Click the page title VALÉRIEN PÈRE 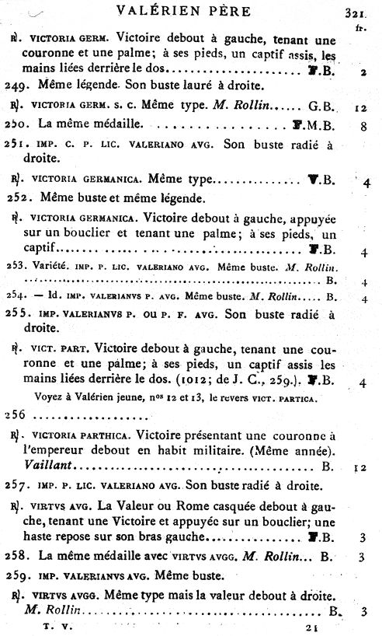(190, 11)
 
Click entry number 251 (17, 144)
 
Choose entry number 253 (15, 266)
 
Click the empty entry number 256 (15, 415)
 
